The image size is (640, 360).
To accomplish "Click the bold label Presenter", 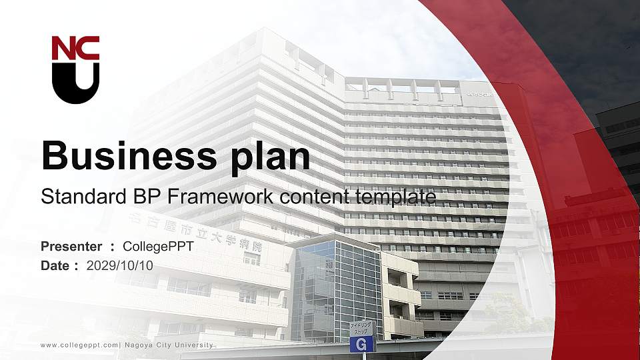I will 71,247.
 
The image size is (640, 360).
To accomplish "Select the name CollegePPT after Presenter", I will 158,247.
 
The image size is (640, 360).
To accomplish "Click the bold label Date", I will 55,265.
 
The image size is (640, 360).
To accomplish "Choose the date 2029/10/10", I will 120,265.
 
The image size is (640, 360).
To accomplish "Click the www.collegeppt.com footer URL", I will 79,345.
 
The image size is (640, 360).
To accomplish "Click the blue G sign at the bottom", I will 362,345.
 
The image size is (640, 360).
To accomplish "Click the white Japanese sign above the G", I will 363,328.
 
